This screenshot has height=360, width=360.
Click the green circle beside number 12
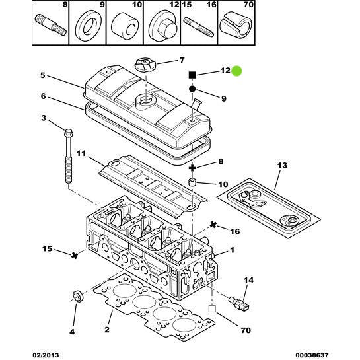tap(236, 71)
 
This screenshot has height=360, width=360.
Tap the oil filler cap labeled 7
tap(145, 65)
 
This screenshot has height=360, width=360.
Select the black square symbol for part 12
tap(192, 75)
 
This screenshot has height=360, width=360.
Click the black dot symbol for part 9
tap(192, 89)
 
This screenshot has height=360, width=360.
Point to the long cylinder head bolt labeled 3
tap(68, 156)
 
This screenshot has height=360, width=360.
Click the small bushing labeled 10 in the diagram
tap(192, 183)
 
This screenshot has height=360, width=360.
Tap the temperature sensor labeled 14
tap(239, 303)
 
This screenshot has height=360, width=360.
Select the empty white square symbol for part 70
tap(212, 308)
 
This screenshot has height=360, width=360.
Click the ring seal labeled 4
tap(79, 296)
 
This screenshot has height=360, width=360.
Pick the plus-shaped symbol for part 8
tap(192, 168)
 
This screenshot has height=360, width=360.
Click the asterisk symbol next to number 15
tap(75, 255)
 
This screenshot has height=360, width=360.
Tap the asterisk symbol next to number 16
tap(213, 225)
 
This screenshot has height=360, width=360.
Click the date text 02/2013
tap(46, 355)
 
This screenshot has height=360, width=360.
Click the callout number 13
tap(282, 165)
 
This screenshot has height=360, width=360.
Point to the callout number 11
tap(81, 153)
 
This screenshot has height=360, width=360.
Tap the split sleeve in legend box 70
tap(236, 25)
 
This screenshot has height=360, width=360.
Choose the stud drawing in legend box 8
tap(51, 25)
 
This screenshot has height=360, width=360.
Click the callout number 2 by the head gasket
tap(107, 330)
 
